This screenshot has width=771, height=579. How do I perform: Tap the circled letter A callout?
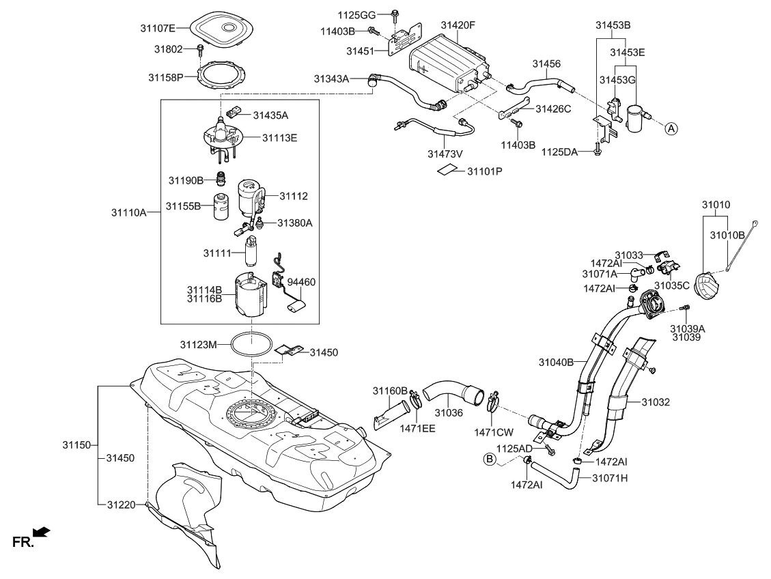point(671,128)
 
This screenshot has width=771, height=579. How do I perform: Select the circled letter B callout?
point(490,460)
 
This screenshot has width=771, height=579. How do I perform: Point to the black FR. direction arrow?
point(42,532)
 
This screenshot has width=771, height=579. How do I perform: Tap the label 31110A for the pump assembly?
point(129,212)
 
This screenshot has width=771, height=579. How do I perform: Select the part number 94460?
point(301,281)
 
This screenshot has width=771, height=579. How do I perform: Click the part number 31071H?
point(609,478)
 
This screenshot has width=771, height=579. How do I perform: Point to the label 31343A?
point(331,79)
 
